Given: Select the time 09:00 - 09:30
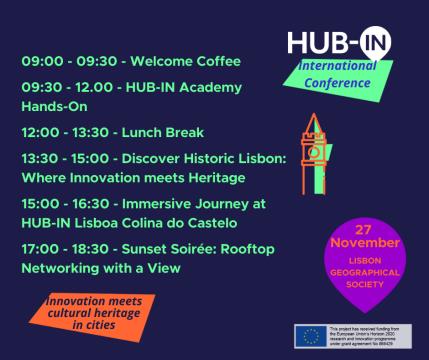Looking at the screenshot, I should coord(65,61).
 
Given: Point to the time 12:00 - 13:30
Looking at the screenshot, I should coord(64,132).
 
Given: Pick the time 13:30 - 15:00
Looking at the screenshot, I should coord(64,158).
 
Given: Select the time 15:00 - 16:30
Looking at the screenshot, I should coord(64,203).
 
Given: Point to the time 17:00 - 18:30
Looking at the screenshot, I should coord(64,248).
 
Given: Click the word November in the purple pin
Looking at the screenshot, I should coord(358,242).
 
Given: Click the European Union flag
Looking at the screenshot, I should coord(308,336).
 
